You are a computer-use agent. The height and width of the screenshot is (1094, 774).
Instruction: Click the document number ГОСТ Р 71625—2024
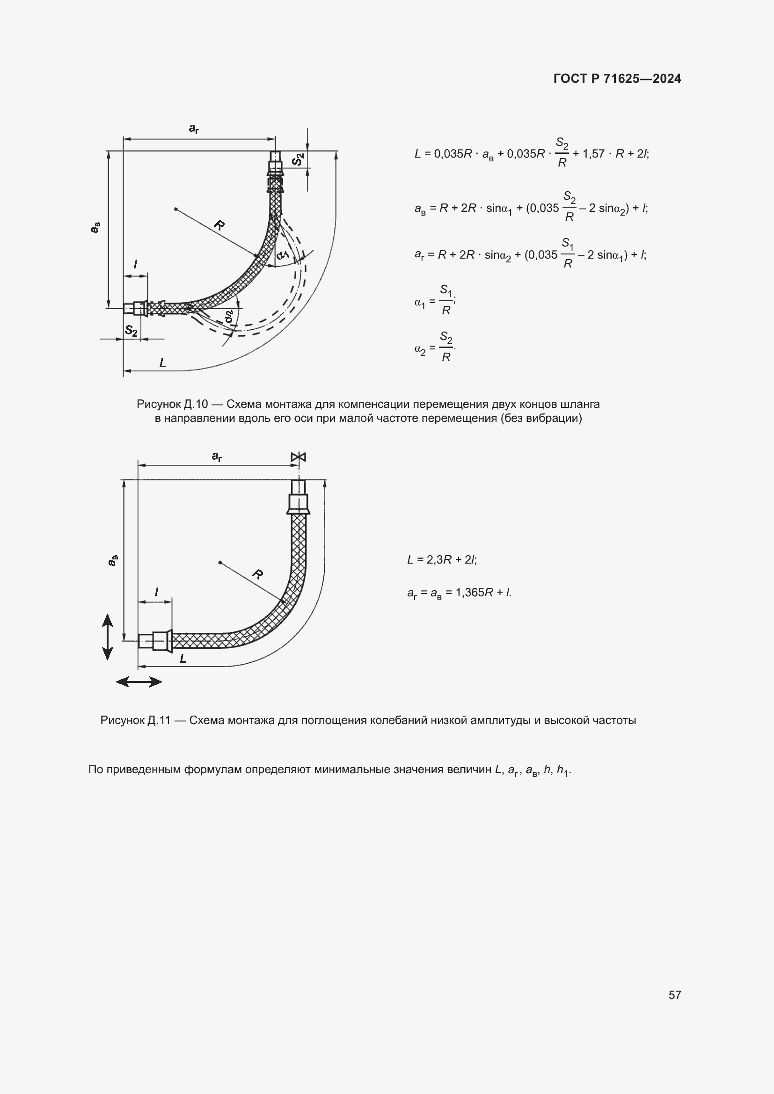pyautogui.click(x=617, y=79)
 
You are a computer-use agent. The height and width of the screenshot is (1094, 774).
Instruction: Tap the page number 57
pyautogui.click(x=674, y=995)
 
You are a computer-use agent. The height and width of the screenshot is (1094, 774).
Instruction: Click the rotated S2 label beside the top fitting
pyautogui.click(x=298, y=159)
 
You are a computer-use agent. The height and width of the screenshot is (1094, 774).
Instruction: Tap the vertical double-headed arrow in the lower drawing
pyautogui.click(x=108, y=637)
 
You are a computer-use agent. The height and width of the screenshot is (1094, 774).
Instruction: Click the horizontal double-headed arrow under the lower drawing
pyautogui.click(x=139, y=682)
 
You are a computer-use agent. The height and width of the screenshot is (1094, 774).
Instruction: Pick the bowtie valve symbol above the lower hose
pyautogui.click(x=299, y=457)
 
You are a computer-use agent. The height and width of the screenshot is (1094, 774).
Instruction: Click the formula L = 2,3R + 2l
pyautogui.click(x=442, y=559)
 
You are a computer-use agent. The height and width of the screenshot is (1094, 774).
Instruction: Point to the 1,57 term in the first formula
pyautogui.click(x=593, y=154)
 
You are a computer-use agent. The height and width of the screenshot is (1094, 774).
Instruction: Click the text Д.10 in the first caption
pyautogui.click(x=196, y=404)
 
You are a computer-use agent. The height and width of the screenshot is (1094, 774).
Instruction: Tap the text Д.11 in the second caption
pyautogui.click(x=159, y=720)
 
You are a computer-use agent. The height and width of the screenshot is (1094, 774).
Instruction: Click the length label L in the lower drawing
pyautogui.click(x=183, y=659)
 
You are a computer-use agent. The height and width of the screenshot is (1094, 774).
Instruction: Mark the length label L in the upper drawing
pyautogui.click(x=162, y=363)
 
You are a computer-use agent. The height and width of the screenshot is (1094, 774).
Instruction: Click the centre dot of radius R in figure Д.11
pyautogui.click(x=220, y=562)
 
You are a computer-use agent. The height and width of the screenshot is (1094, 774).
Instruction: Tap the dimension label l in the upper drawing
pyautogui.click(x=136, y=264)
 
